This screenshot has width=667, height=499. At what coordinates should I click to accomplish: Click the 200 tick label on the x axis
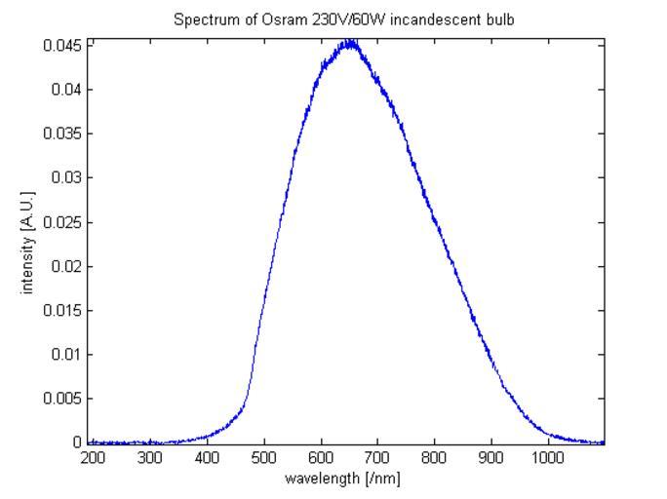coord(94,456)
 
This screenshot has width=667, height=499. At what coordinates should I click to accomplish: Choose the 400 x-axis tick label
coord(207,456)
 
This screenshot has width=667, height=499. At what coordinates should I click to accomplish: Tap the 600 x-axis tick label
coord(321,456)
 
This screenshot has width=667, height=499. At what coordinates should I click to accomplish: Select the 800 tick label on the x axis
coord(435,456)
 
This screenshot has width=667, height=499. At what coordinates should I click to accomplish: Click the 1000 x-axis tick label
coord(548,456)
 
